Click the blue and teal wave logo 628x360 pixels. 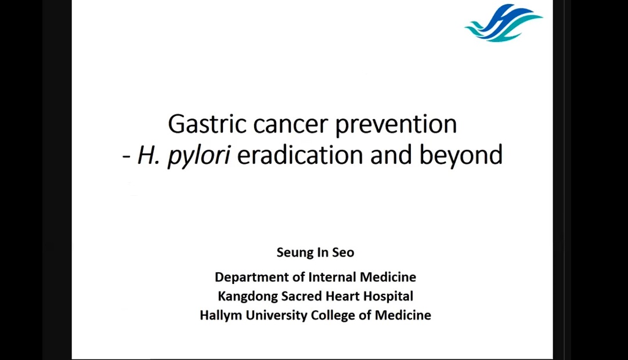[503, 23]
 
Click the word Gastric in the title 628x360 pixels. [207, 124]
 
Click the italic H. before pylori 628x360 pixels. [149, 155]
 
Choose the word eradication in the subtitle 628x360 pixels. [300, 155]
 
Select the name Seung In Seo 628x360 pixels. [315, 252]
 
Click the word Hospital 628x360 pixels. [388, 296]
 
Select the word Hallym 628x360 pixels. [221, 315]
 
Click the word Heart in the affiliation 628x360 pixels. [343, 296]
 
